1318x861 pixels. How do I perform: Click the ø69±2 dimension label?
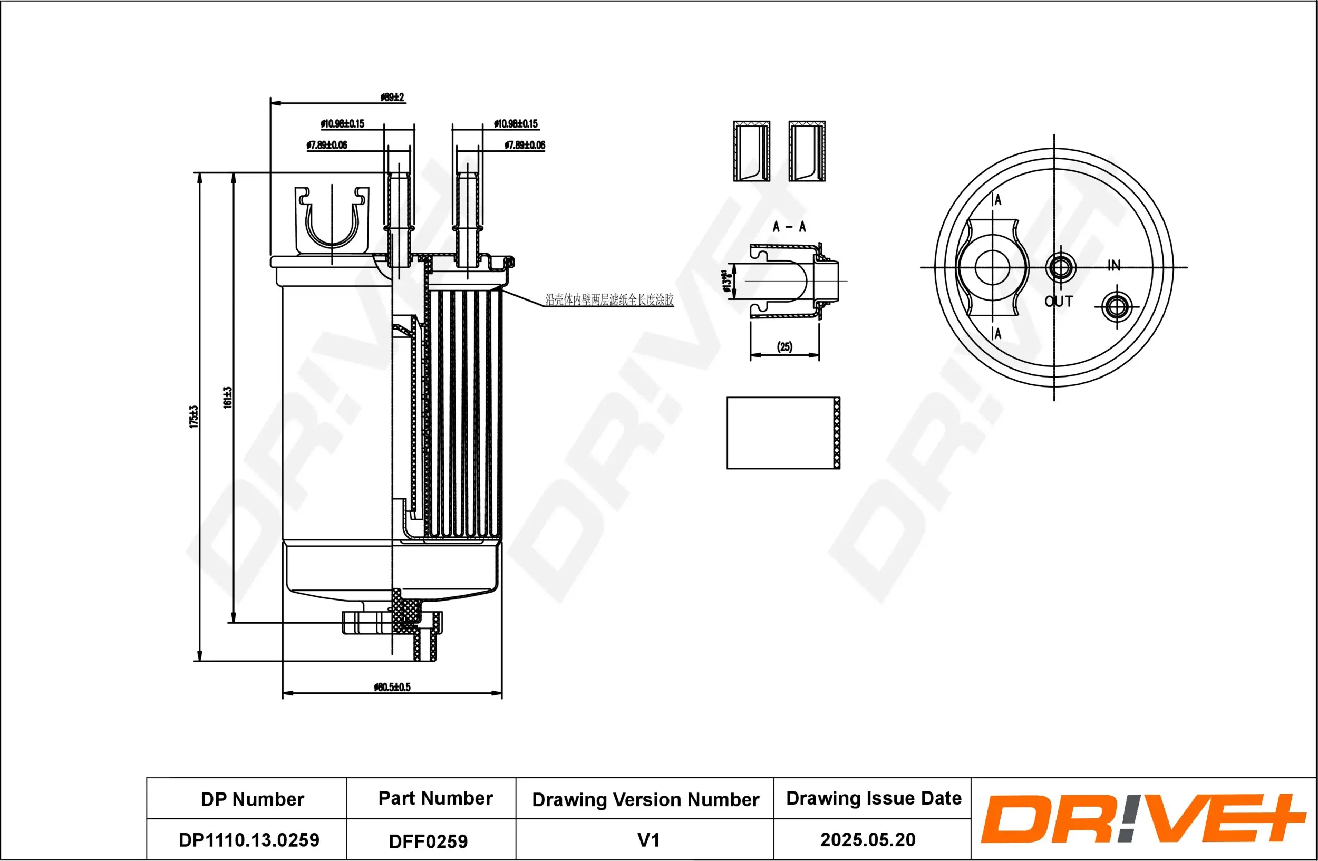click(x=392, y=98)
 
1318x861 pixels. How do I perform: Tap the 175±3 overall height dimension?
click(x=193, y=417)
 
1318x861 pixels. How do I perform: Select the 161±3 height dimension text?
click(x=227, y=398)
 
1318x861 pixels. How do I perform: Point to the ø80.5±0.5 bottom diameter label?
click(x=392, y=687)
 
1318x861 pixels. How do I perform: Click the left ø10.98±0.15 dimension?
click(x=342, y=123)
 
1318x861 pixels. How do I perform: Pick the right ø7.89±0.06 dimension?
click(x=525, y=145)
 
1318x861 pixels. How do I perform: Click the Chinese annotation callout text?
click(x=609, y=300)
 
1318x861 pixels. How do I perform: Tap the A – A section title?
click(x=789, y=227)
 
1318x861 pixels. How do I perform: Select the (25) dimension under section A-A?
click(x=784, y=346)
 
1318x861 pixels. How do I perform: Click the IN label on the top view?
click(x=1113, y=265)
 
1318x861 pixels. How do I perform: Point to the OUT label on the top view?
click(x=1058, y=301)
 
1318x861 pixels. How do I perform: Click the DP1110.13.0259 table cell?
click(x=249, y=840)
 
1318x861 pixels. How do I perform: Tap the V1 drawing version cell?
click(x=648, y=840)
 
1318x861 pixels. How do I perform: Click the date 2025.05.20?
click(x=867, y=839)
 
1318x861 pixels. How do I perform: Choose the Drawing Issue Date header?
click(x=874, y=798)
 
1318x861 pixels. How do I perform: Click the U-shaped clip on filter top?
click(x=331, y=219)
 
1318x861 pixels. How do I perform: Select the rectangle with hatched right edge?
click(x=783, y=433)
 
